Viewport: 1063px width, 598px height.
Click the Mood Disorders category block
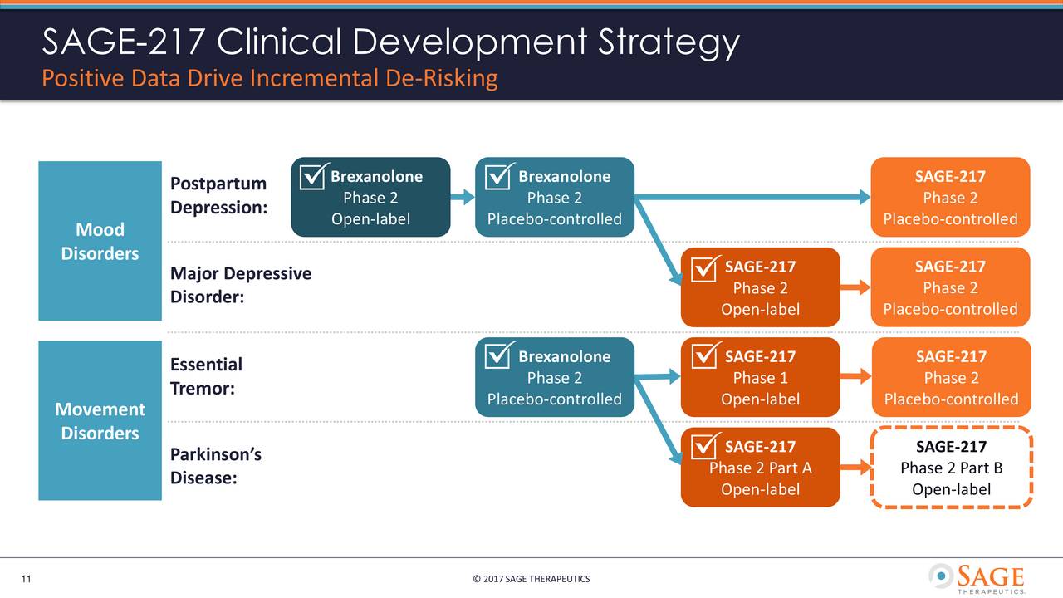pos(100,241)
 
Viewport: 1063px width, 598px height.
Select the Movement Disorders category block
pos(100,420)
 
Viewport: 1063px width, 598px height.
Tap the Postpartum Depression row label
pos(218,195)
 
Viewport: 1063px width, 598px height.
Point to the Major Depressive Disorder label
pos(240,285)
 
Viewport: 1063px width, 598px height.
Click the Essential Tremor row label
pos(206,376)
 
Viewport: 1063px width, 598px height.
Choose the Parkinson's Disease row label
pos(215,466)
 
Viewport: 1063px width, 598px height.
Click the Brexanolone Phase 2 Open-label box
pos(370,198)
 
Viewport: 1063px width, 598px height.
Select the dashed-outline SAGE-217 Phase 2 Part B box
pos(951,467)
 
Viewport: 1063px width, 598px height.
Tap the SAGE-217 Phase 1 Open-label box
pos(760,378)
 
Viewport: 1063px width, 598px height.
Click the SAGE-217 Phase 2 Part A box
pos(760,468)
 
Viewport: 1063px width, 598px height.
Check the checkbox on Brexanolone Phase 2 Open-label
pos(313,176)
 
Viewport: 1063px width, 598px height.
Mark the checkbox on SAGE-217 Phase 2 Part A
pos(704,446)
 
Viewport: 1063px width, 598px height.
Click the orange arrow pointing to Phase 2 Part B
pos(855,468)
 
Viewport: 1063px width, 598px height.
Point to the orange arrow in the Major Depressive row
pos(855,287)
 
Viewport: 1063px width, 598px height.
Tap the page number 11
pos(26,579)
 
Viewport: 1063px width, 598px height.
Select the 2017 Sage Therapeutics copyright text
pos(531,579)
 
